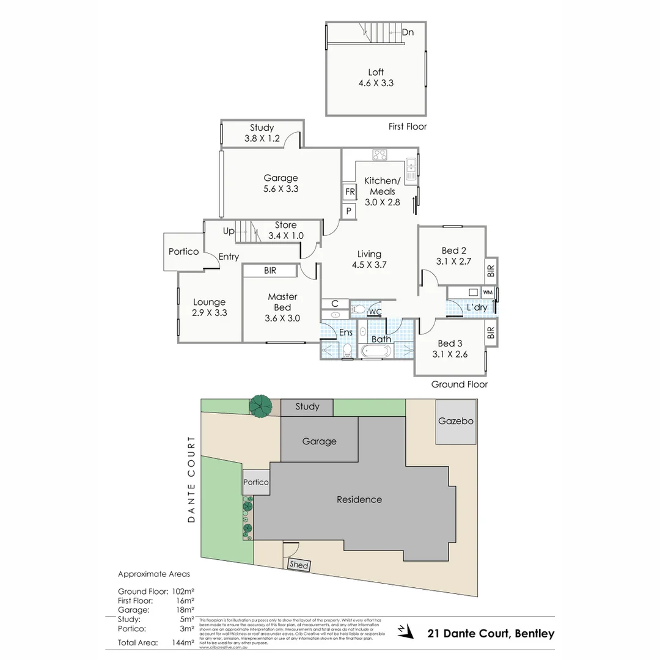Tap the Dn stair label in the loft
(408, 32)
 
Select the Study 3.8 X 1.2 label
(262, 133)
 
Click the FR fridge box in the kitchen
(350, 192)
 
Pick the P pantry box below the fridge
(349, 211)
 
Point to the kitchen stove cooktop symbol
(380, 155)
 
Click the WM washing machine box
(488, 292)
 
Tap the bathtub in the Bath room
(376, 351)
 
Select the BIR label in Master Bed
(269, 270)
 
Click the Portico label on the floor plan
(183, 251)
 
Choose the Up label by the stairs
(229, 232)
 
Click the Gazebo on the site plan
(455, 422)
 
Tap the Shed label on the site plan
(299, 565)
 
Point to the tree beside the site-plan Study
(261, 406)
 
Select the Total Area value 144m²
(183, 642)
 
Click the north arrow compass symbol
(402, 629)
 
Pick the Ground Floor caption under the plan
(459, 384)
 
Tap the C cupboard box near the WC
(335, 304)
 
